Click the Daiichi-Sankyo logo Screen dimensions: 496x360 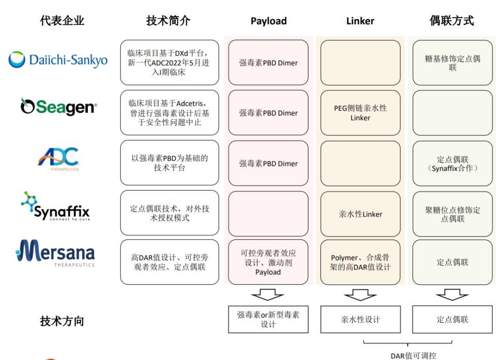click(x=58, y=59)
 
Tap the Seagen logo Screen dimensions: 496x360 click(x=59, y=106)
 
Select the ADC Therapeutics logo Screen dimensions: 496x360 click(x=58, y=159)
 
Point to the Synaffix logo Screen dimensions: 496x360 click(x=56, y=206)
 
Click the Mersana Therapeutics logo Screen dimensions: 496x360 click(x=55, y=253)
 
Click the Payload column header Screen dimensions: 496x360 click(x=269, y=21)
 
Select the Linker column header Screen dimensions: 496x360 click(x=360, y=21)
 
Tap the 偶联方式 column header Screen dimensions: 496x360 click(x=452, y=21)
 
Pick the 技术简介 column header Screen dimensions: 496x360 click(x=168, y=21)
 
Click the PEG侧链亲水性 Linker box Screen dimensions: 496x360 click(x=360, y=113)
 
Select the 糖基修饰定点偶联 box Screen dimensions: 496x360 click(x=453, y=62)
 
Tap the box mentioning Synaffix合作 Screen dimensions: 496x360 click(x=453, y=163)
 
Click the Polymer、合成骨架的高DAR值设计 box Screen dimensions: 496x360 click(x=360, y=262)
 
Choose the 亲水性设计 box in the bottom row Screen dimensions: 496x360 click(x=360, y=320)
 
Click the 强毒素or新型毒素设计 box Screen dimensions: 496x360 click(x=268, y=320)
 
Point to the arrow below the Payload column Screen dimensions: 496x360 click(x=268, y=294)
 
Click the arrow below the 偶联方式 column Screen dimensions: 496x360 click(x=452, y=294)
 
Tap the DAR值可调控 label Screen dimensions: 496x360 click(x=413, y=356)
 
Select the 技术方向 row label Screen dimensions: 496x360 click(x=62, y=321)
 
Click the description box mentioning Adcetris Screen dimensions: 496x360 click(x=169, y=113)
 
